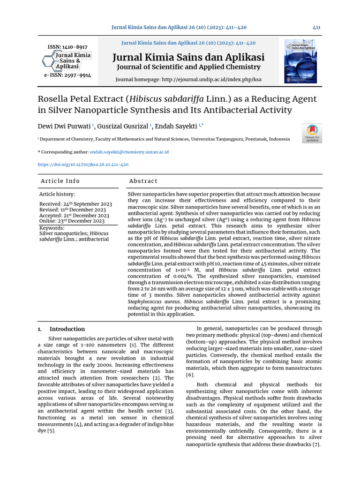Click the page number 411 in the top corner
click(x=316, y=28)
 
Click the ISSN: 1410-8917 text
click(x=67, y=47)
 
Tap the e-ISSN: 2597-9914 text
click(x=67, y=75)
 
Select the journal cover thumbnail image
click(x=300, y=61)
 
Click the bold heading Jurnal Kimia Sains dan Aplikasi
click(x=188, y=58)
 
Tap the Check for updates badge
click(x=312, y=133)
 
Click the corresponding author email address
click(x=129, y=152)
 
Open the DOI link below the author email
click(x=83, y=165)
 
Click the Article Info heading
click(x=60, y=181)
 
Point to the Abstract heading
click(x=143, y=181)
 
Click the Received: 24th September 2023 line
click(x=75, y=204)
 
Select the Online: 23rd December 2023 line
click(x=72, y=221)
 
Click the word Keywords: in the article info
click(x=52, y=228)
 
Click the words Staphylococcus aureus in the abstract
click(x=153, y=301)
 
